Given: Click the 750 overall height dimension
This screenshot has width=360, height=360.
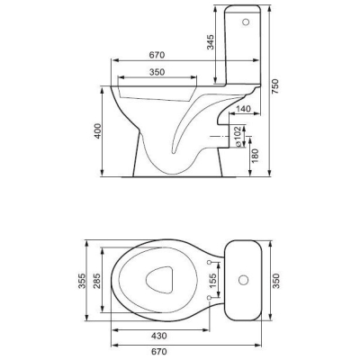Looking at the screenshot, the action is (275, 86).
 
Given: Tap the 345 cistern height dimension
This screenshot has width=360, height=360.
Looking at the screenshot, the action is (211, 42).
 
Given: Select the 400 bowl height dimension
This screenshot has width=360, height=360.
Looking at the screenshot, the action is (97, 131).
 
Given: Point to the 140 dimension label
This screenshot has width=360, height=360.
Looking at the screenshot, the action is (243, 109).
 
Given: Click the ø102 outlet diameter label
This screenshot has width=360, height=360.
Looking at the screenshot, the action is (238, 136).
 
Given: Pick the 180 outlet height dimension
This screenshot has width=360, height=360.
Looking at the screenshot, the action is (255, 156).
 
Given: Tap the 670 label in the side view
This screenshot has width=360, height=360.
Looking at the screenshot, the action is (157, 55).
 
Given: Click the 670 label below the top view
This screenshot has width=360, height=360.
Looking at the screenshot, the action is (158, 351).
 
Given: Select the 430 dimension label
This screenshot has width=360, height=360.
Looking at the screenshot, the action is (158, 336).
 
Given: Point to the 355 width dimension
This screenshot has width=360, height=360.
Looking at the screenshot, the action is (82, 281).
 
